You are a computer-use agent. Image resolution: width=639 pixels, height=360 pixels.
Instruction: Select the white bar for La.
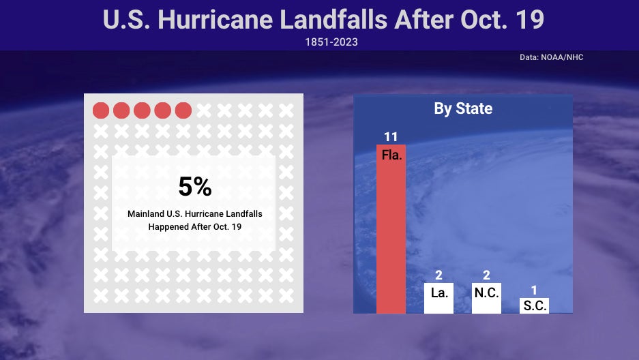tap(439, 298)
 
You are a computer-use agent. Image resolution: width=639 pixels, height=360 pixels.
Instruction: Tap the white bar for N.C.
tap(486, 298)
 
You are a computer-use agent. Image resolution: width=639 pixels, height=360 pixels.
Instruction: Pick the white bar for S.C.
tap(534, 305)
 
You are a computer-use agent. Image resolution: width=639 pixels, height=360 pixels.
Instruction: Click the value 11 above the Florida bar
tap(391, 137)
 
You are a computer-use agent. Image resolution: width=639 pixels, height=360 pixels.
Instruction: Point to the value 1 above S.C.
tap(534, 290)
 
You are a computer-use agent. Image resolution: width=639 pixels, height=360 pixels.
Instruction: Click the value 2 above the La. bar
tap(439, 275)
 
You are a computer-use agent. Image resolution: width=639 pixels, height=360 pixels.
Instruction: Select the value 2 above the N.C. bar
tap(486, 275)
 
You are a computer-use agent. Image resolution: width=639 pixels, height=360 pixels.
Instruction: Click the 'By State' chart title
tap(463, 109)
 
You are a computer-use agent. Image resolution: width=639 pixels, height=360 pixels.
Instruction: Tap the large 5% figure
tap(194, 187)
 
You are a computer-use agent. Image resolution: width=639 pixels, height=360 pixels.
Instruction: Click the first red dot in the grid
tap(101, 110)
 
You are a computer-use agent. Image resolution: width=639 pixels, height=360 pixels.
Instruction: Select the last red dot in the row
tap(183, 110)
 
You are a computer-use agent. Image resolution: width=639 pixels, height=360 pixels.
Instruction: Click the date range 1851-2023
tap(331, 42)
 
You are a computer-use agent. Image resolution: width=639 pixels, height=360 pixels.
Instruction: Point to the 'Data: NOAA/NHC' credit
tap(551, 57)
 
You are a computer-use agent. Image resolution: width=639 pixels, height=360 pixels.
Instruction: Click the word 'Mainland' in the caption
tap(145, 214)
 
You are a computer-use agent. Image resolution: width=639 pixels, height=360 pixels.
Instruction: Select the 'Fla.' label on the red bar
tap(391, 155)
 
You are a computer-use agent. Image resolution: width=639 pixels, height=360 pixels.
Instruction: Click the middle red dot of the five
tap(142, 110)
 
